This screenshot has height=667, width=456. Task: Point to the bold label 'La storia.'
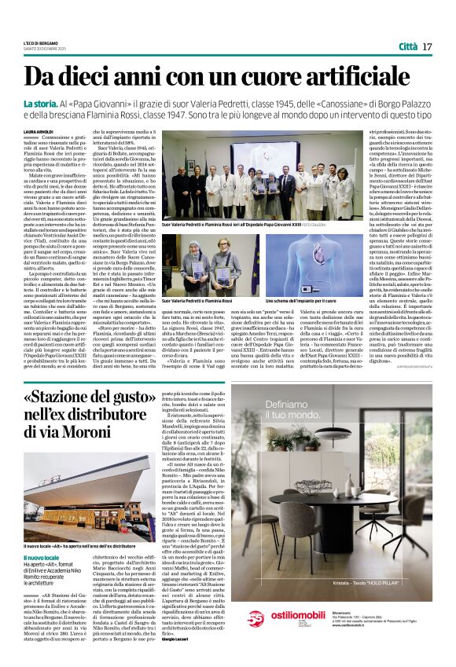pyautogui.click(x=40, y=104)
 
